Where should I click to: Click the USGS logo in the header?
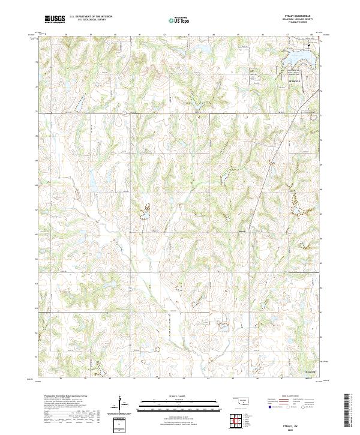tap(55, 20)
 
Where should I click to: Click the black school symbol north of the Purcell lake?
tap(310, 45)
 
